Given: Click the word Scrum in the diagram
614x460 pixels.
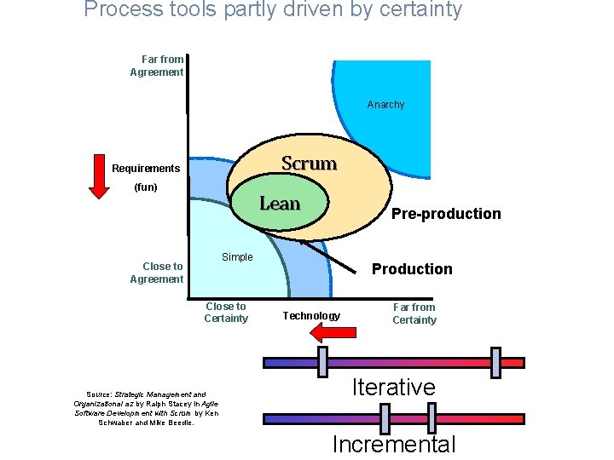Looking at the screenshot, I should click(x=309, y=163).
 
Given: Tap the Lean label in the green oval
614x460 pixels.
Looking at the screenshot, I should click(x=280, y=204).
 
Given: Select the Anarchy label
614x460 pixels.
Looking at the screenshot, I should click(x=385, y=105).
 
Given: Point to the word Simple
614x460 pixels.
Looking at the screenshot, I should click(x=237, y=257).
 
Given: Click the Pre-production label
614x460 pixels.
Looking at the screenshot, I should click(x=446, y=214).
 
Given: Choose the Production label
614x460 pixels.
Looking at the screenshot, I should click(x=412, y=269).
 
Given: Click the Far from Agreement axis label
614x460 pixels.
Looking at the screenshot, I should click(x=158, y=66).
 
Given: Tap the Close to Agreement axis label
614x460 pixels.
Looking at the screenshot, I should click(x=158, y=273).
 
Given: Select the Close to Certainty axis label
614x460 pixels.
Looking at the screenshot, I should click(x=226, y=313).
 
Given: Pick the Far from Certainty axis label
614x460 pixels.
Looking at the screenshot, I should click(x=414, y=313).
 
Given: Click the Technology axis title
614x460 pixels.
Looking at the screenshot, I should click(x=311, y=316).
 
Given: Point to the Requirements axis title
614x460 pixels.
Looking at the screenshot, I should click(x=146, y=169).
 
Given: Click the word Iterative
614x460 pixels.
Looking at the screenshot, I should click(x=394, y=388).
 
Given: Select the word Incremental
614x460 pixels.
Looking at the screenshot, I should click(x=394, y=444).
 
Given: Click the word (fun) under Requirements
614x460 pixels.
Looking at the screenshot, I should click(x=146, y=187).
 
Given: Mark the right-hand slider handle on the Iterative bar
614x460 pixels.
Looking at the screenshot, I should click(x=496, y=362).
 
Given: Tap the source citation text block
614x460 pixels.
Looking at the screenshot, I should click(x=146, y=408).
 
